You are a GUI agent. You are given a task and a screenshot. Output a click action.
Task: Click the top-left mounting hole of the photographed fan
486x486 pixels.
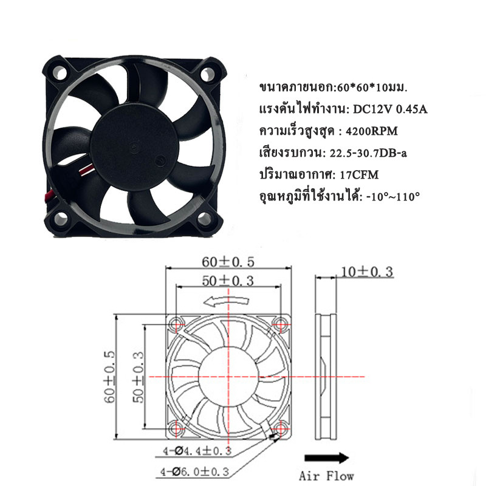coord(60,72)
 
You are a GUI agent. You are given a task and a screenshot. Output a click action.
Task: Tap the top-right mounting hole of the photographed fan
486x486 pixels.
coord(208,74)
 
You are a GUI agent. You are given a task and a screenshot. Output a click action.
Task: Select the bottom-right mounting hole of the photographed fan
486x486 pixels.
coord(204,219)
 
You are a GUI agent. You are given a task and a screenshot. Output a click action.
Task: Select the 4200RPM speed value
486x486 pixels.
coord(371,131)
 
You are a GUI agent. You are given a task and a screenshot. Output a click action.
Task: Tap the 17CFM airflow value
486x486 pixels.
coord(359,175)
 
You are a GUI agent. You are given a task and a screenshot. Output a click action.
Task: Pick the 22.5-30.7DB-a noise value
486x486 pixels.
coord(368,153)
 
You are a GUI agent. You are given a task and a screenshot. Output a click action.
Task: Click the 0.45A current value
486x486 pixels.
coord(412,109)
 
